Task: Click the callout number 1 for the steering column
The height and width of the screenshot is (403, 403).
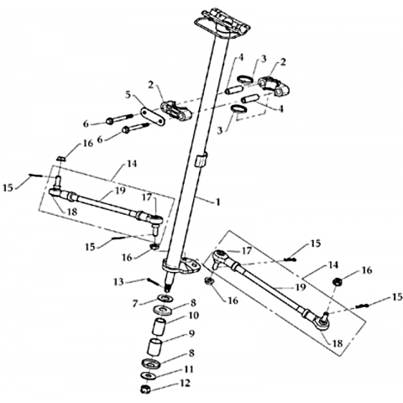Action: (217, 201)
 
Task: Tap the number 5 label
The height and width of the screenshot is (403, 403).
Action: (128, 96)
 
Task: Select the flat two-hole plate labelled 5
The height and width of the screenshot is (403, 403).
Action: (153, 116)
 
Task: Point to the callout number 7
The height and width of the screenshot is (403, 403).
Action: (136, 303)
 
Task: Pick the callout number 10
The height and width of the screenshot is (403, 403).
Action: (194, 316)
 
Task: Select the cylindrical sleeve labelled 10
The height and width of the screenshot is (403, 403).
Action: (160, 326)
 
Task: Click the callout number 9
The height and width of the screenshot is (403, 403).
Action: (191, 333)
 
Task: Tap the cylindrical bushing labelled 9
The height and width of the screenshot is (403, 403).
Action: (154, 348)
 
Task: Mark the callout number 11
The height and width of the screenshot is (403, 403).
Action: (189, 369)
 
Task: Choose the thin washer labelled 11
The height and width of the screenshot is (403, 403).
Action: (148, 375)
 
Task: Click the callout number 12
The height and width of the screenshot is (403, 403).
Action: (185, 383)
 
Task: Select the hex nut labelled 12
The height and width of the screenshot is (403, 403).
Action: (146, 389)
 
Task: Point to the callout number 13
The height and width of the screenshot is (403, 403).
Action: (118, 281)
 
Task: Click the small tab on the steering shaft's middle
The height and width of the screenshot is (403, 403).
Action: (201, 160)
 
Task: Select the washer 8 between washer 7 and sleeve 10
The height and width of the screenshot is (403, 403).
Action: (164, 310)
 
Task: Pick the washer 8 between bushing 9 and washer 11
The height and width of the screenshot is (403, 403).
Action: (151, 364)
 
